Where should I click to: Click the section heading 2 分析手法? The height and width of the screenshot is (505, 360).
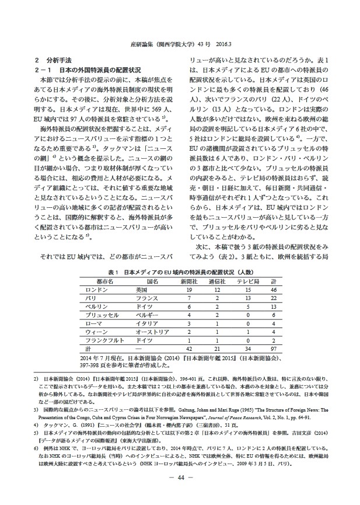click(53, 60)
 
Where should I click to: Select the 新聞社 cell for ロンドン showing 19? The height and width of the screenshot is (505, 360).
click(190, 273)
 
